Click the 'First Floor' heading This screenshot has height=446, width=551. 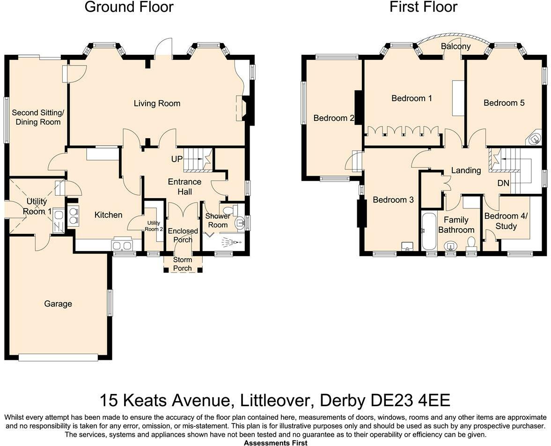(x=423, y=7)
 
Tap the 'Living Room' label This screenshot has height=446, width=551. (x=157, y=104)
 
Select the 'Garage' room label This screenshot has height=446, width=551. (x=58, y=304)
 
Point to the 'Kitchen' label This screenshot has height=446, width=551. (x=108, y=215)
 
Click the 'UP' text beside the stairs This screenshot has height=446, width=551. (x=176, y=159)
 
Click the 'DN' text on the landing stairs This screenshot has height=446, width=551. (x=503, y=183)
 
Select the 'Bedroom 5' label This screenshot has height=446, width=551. (x=504, y=103)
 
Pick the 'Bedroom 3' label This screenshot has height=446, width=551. (x=393, y=200)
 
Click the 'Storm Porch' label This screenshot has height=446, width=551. (x=183, y=264)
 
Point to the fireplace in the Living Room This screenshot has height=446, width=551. (x=242, y=109)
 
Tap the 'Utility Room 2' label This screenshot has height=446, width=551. (x=153, y=225)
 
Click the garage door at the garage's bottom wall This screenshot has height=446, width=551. (x=58, y=357)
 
